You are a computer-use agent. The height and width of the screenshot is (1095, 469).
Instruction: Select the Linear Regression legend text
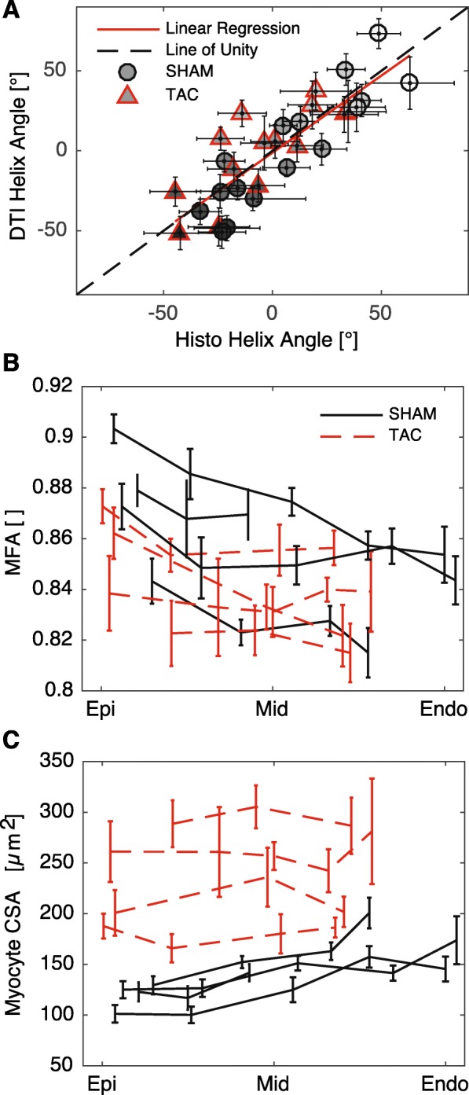(x=233, y=28)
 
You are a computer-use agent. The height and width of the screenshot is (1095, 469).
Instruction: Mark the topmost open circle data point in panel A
(x=379, y=32)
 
